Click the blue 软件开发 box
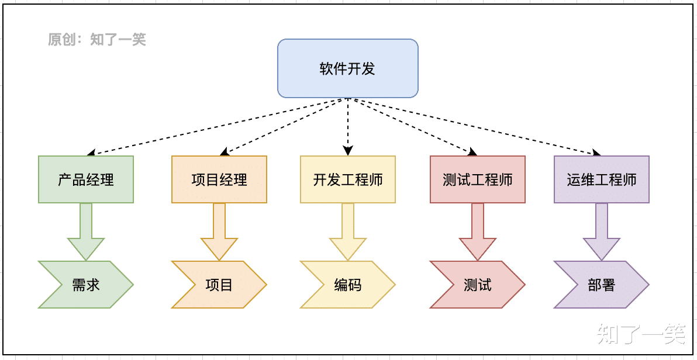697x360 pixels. (347, 68)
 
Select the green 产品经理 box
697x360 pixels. (86, 179)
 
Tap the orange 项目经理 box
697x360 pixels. (219, 179)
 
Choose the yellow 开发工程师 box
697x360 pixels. (348, 179)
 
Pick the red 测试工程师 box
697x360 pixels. (478, 179)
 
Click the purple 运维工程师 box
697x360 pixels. (601, 179)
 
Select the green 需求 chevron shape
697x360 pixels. (86, 285)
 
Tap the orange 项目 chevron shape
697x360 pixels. (219, 285)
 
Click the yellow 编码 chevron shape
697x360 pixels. (348, 285)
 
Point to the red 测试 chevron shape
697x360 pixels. (478, 285)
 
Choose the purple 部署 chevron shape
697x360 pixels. (601, 285)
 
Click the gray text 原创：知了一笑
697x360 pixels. (96, 40)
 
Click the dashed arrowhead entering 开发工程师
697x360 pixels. (348, 151)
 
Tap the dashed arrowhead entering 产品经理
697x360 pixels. (92, 153)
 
